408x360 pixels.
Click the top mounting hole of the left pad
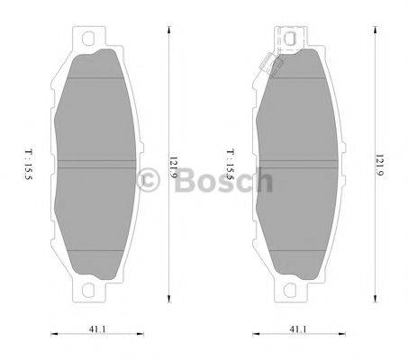[88, 40]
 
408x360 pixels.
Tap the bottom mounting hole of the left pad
[88, 290]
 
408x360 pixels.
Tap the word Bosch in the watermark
[222, 183]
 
